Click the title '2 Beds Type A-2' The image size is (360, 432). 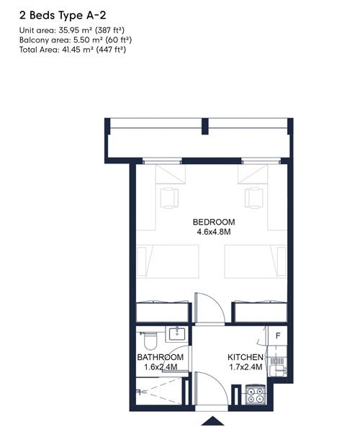[x=63, y=15]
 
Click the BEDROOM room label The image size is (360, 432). [x=214, y=222]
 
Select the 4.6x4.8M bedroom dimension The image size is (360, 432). [x=214, y=232]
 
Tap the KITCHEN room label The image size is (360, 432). [x=246, y=357]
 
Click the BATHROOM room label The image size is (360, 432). [x=161, y=357]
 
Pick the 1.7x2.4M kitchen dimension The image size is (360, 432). [x=246, y=367]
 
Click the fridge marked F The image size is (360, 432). [x=278, y=336]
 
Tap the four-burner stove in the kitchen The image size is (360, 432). [x=256, y=395]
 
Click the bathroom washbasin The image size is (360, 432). [x=177, y=334]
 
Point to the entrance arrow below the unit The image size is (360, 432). [x=213, y=421]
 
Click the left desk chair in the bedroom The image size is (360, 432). [x=169, y=197]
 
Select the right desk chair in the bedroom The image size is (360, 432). [x=253, y=197]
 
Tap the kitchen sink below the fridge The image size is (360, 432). [x=278, y=371]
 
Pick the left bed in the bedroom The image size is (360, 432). [x=168, y=261]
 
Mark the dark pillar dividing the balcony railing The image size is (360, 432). [x=205, y=126]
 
